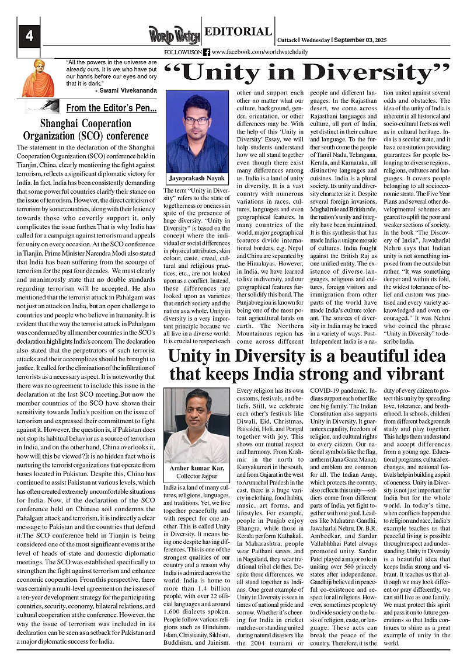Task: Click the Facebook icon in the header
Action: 207,52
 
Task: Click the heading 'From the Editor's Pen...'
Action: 111,108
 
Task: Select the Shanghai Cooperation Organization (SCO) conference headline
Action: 86,130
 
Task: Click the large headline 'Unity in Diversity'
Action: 308,72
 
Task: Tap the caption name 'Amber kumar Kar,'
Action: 196,469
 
